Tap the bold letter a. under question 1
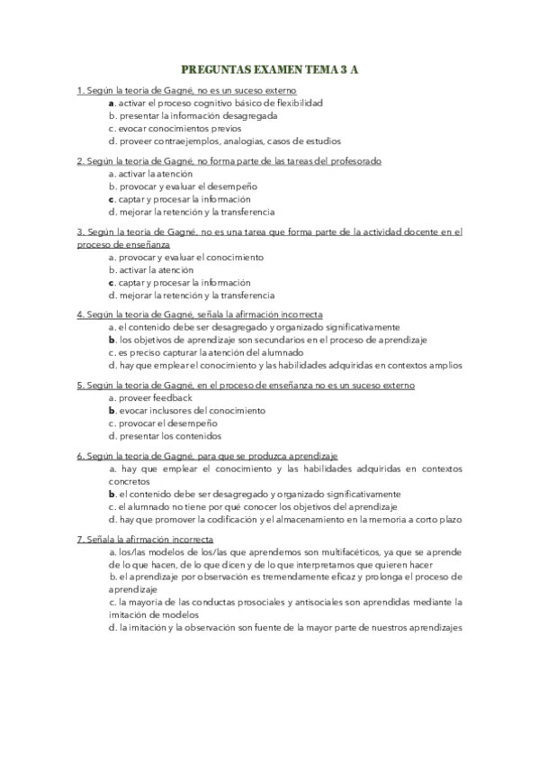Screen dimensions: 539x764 (111, 103)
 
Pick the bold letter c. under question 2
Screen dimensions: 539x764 (111, 199)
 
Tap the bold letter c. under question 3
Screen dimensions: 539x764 (111, 282)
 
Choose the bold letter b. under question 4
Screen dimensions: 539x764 (112, 340)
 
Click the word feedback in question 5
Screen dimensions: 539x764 (175, 397)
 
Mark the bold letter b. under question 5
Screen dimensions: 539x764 (112, 410)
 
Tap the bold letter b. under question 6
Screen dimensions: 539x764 (112, 495)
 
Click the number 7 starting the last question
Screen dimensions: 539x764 (79, 538)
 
